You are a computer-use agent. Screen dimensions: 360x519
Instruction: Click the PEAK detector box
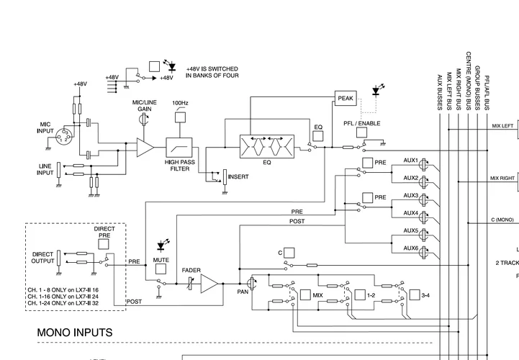[346, 97]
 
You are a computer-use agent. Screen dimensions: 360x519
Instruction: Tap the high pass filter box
[180, 148]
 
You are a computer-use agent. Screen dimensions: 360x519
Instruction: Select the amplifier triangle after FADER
[209, 284]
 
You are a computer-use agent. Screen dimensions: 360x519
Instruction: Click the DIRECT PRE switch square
[105, 244]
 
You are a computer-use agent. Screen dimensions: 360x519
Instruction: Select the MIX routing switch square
[305, 294]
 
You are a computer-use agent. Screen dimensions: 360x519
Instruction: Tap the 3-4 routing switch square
[414, 294]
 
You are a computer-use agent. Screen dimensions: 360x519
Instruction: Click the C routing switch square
[288, 253]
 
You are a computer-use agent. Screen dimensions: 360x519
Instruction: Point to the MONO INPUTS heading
[75, 333]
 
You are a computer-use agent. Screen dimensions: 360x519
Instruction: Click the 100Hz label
[180, 103]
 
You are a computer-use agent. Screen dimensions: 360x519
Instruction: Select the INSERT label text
[239, 176]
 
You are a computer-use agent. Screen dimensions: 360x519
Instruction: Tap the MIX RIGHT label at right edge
[502, 178]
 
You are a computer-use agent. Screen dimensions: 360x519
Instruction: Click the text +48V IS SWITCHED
[212, 69]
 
